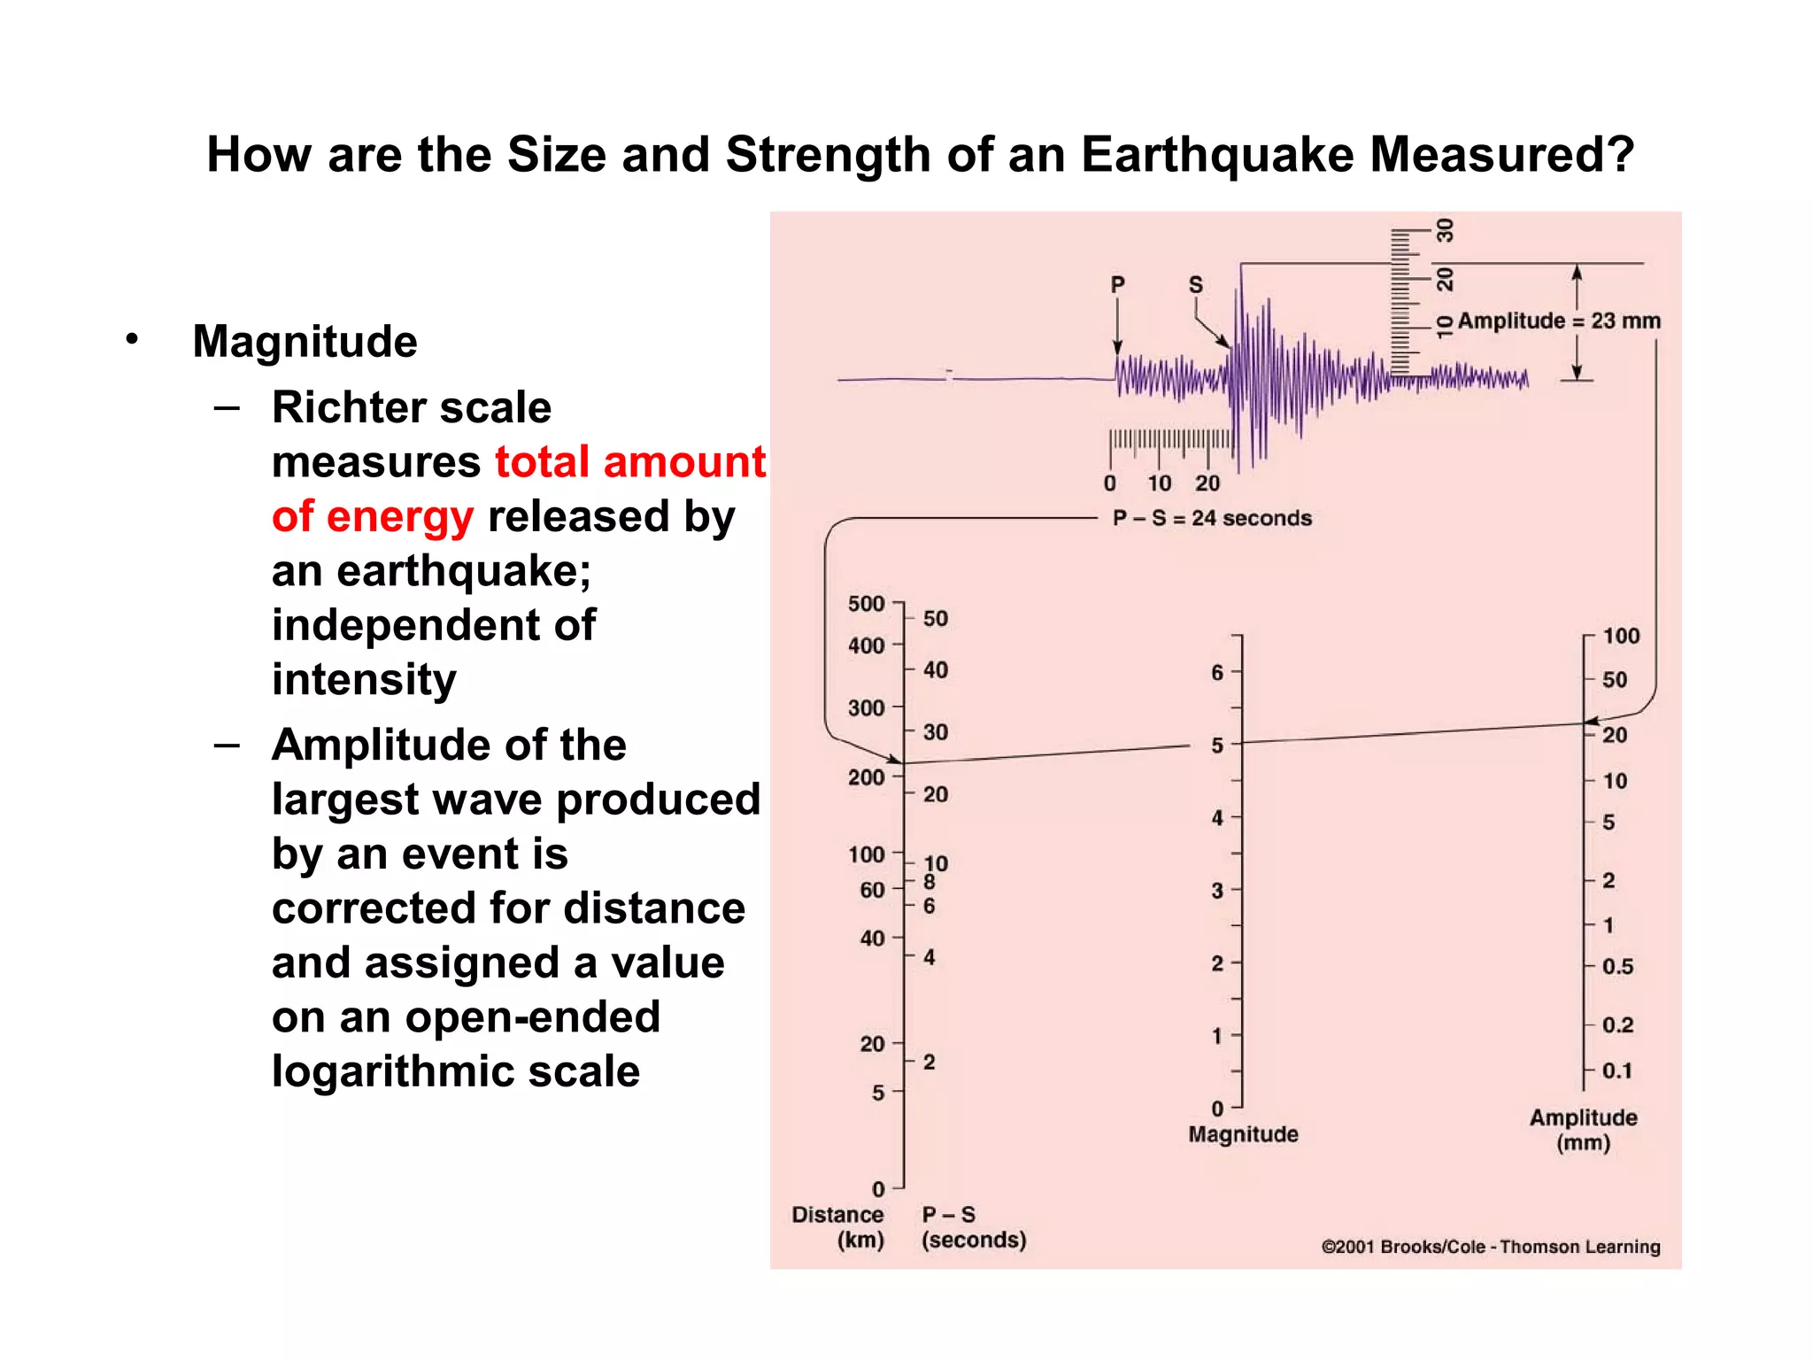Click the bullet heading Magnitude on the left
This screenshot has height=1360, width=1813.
pos(305,342)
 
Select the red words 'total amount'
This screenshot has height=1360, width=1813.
pos(629,462)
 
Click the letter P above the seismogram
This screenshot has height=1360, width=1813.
pos(1117,285)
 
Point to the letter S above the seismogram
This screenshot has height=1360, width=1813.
pos(1195,285)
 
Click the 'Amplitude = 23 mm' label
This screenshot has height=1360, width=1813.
pos(1559,321)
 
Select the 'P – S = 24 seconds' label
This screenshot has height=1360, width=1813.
pos(1212,518)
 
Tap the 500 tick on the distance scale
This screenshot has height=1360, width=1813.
pos(866,604)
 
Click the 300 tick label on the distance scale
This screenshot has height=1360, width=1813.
pos(866,708)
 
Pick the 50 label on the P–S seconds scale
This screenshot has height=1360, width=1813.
pos(935,618)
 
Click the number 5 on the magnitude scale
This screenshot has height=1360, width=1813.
pos(1217,746)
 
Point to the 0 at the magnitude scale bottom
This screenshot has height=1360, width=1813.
pos(1217,1109)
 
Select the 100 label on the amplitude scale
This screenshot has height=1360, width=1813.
pos(1620,636)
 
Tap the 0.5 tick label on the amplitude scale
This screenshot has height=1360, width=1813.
pos(1617,967)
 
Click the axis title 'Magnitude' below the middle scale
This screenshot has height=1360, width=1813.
pos(1243,1134)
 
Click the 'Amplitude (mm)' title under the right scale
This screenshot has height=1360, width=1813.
pos(1583,1130)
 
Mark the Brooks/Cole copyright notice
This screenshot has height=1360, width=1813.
pos(1490,1247)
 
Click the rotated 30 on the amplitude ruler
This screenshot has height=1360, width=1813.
pos(1445,231)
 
